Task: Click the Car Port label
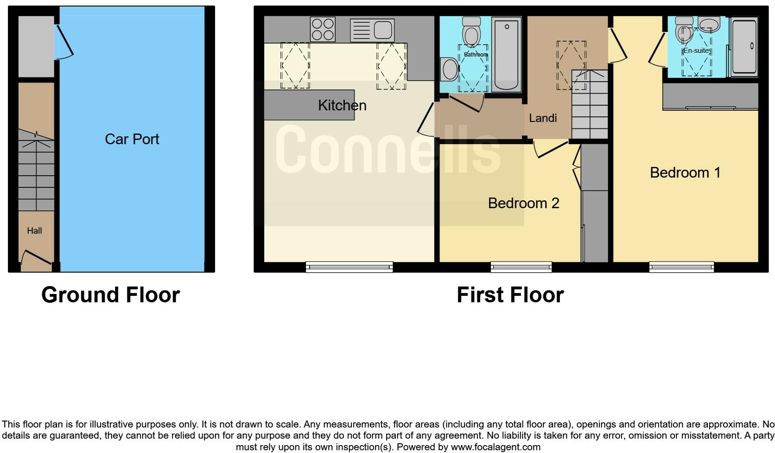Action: [132, 139]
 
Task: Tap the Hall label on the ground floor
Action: [34, 230]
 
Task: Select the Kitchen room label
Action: [342, 105]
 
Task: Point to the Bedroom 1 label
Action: [685, 172]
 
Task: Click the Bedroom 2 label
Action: [523, 203]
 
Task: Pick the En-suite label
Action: [697, 51]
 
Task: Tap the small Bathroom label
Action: [476, 55]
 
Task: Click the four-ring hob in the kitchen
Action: [323, 29]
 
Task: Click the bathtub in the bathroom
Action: [507, 54]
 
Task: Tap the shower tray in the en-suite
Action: [744, 46]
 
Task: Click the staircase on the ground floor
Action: [36, 171]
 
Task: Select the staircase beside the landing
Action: [589, 104]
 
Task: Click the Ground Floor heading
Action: [110, 295]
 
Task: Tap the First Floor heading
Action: [510, 295]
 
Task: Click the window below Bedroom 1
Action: [681, 267]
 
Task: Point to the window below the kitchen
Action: [349, 267]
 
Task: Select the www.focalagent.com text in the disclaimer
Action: [495, 447]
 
